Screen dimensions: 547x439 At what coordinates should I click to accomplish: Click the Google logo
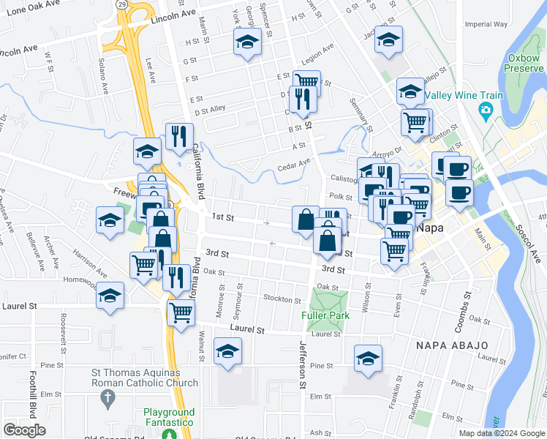[25, 430]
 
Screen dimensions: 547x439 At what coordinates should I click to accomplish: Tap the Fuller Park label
[325, 316]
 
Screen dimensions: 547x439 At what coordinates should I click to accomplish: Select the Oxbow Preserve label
[525, 63]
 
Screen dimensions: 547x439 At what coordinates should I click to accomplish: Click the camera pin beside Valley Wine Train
[484, 111]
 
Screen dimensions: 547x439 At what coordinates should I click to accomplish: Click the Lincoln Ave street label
[174, 15]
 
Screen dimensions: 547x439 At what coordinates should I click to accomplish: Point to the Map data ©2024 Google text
[501, 433]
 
